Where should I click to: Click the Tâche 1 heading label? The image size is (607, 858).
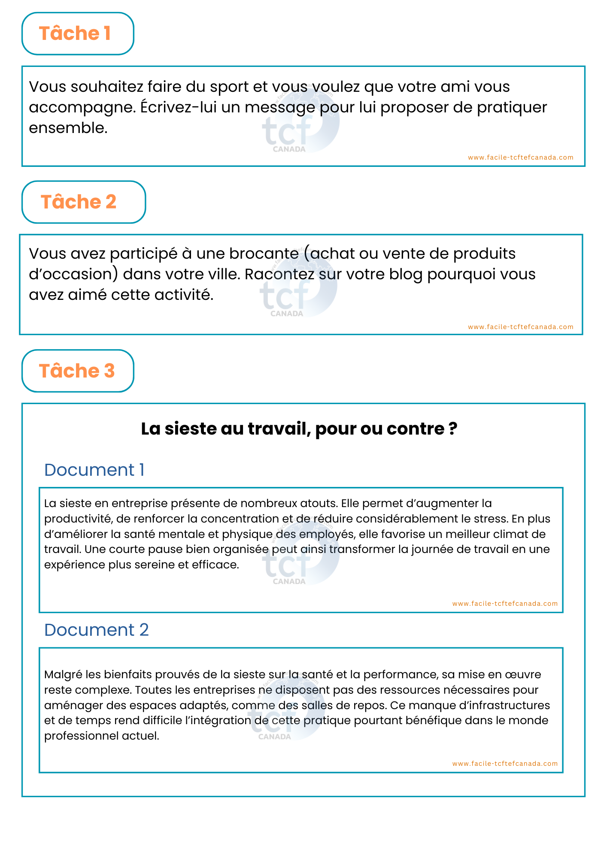pos(75,33)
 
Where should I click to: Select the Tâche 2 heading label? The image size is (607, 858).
pos(79,202)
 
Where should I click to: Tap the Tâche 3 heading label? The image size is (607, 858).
pos(77,371)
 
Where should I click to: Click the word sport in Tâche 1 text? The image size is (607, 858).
pos(229,87)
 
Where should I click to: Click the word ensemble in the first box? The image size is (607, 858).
pos(67,128)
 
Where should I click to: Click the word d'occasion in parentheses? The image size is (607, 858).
pos(73,274)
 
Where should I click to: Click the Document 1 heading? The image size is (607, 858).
pos(94,470)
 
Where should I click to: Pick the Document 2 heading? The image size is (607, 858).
pos(96,630)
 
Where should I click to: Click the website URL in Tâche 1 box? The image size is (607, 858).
pos(520,157)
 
